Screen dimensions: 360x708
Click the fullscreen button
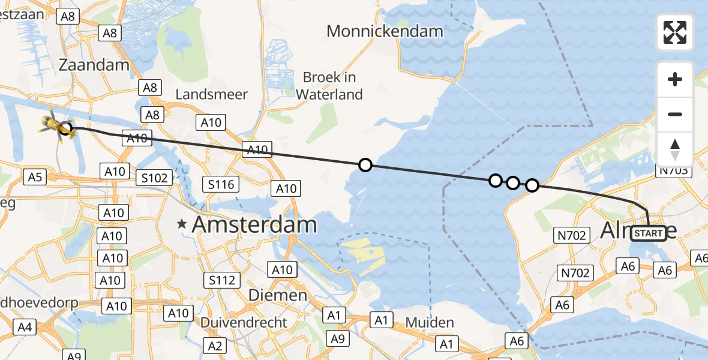pyautogui.click(x=675, y=32)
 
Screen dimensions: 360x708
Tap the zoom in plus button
pyautogui.click(x=675, y=79)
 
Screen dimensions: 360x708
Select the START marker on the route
pyautogui.click(x=649, y=233)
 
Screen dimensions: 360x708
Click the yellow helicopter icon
pyautogui.click(x=57, y=124)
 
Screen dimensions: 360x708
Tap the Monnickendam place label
pyautogui.click(x=385, y=31)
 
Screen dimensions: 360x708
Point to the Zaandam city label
pyautogui.click(x=95, y=65)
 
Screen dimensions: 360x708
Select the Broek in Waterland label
pyautogui.click(x=329, y=86)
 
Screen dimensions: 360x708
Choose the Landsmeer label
pyautogui.click(x=211, y=94)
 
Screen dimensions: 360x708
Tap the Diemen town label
pyautogui.click(x=278, y=295)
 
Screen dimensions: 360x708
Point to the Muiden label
pyautogui.click(x=430, y=322)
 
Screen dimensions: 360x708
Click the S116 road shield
pyautogui.click(x=221, y=184)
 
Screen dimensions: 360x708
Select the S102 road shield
pyautogui.click(x=154, y=178)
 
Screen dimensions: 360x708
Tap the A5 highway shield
pyautogui.click(x=34, y=176)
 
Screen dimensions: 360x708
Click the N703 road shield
pyautogui.click(x=675, y=172)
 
